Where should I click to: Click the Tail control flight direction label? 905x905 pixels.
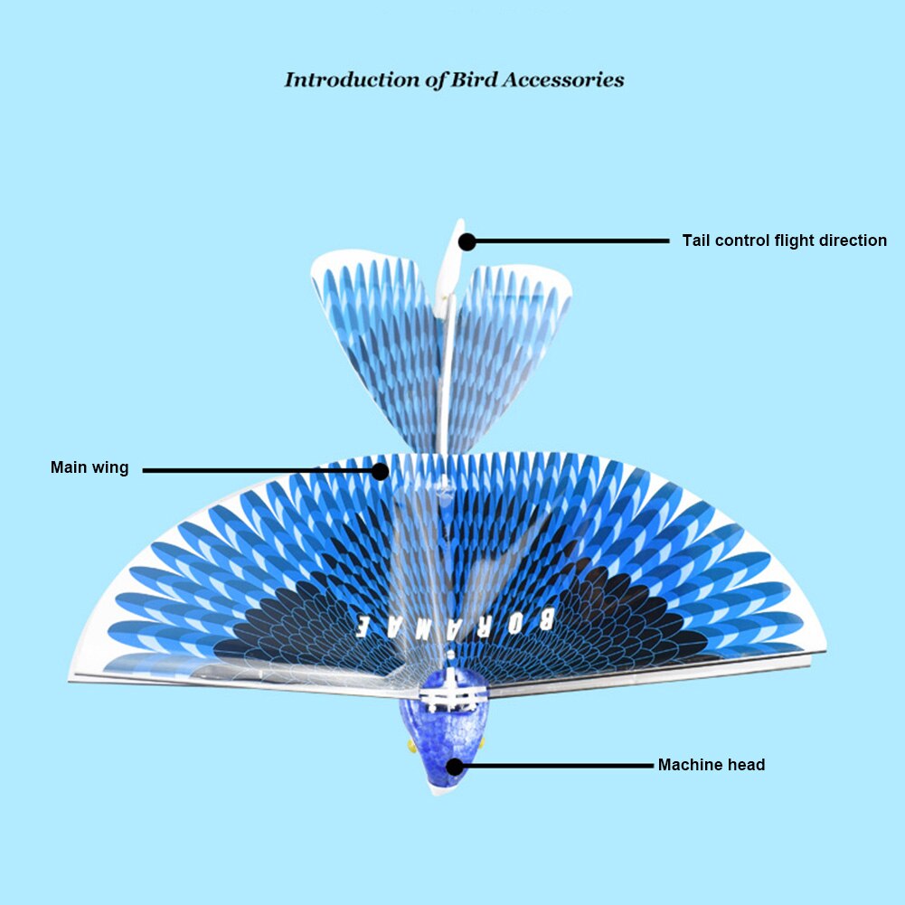784,240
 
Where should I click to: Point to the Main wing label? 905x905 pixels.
90,467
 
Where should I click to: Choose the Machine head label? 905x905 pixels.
711,765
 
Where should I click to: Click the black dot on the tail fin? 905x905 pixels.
467,241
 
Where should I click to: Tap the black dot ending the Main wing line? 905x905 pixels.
381,470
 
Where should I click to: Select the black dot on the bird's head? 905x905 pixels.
455,767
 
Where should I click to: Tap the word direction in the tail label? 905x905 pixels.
848,240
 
